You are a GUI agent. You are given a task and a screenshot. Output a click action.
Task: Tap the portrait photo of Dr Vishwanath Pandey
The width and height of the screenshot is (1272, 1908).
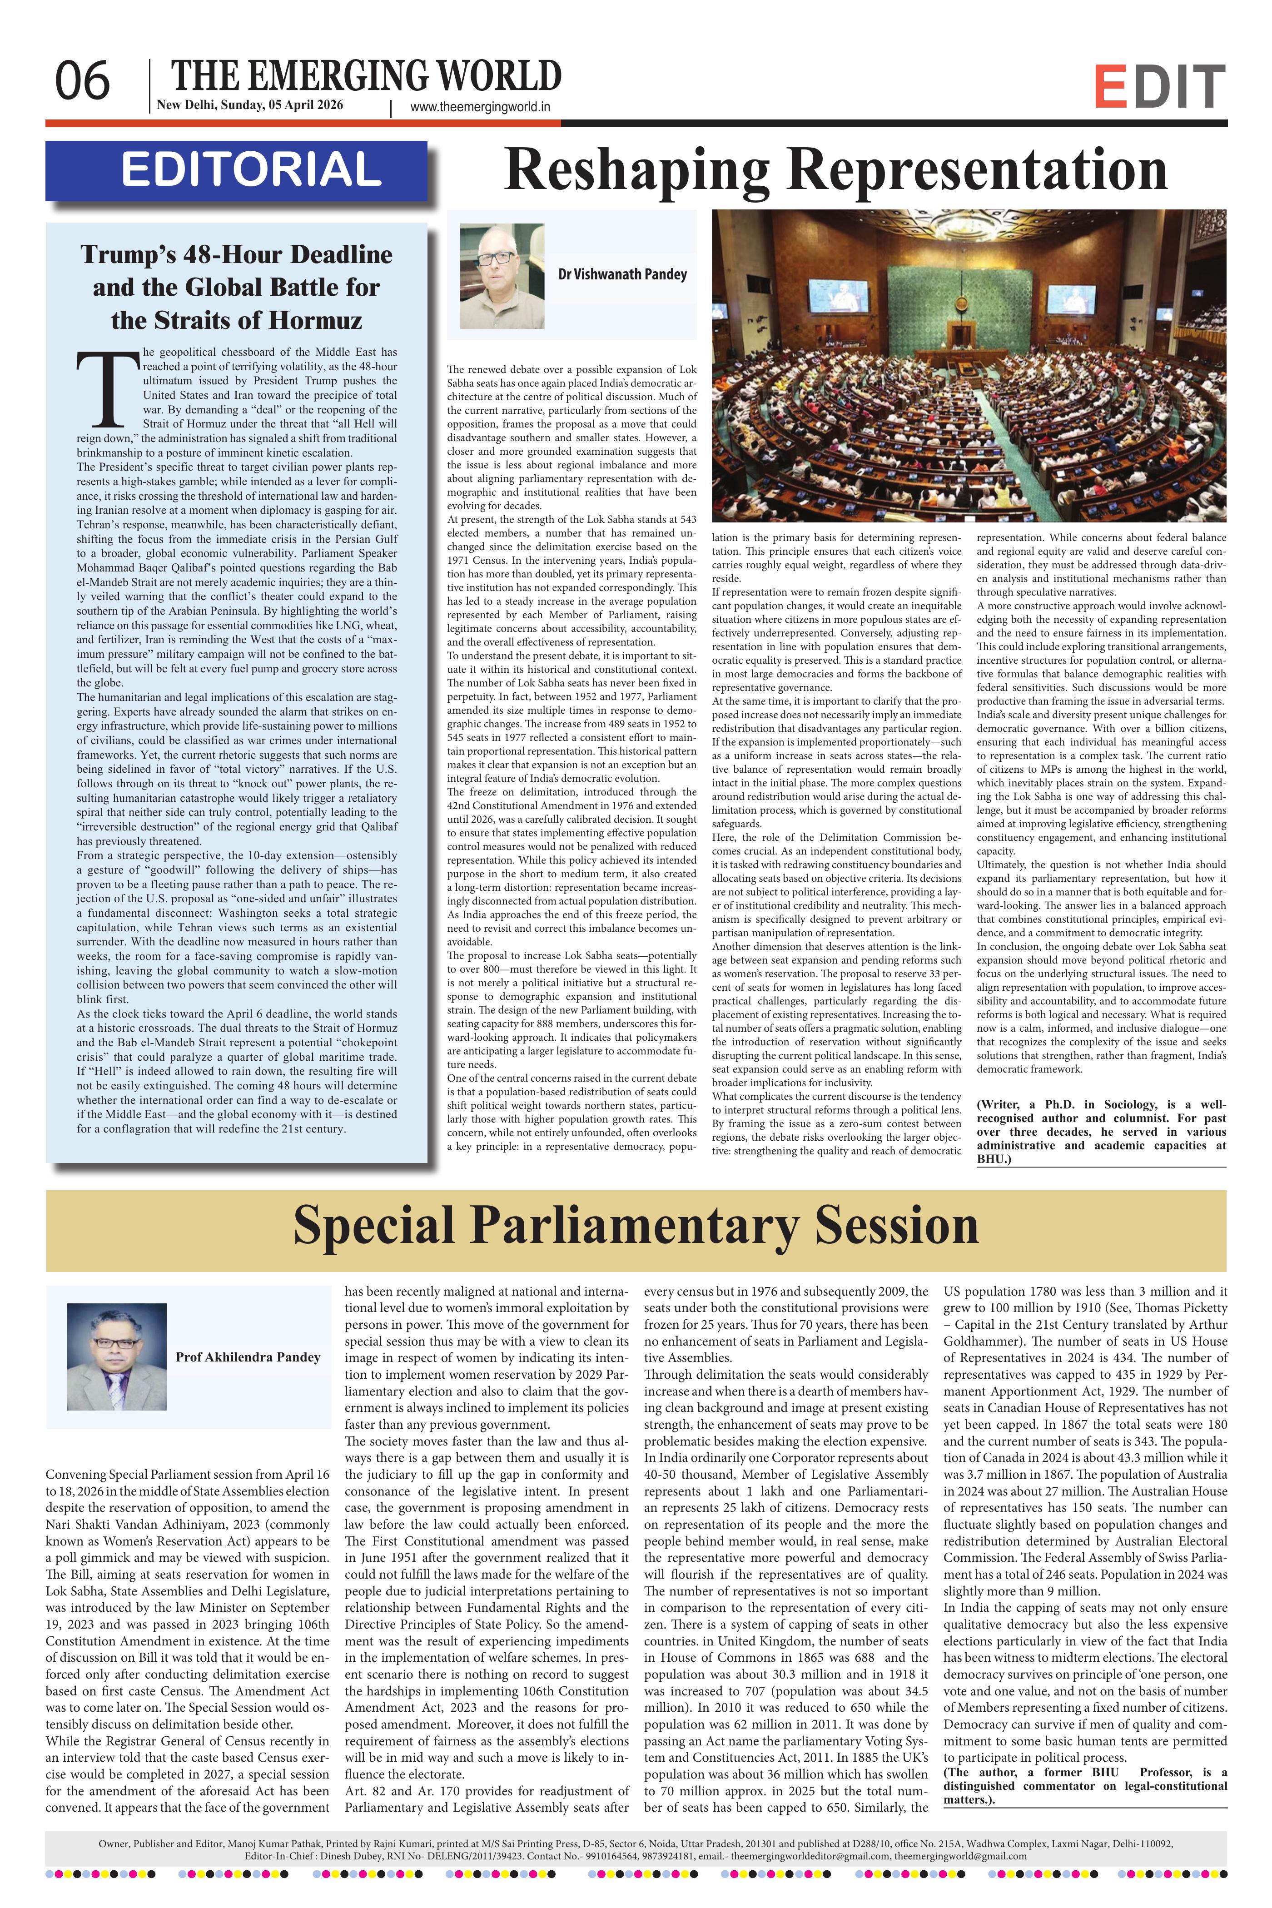click(502, 275)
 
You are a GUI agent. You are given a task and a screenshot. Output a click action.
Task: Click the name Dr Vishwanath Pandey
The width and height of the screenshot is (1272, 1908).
click(622, 274)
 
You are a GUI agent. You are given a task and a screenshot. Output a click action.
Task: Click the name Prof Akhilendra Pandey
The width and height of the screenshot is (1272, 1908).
click(248, 1356)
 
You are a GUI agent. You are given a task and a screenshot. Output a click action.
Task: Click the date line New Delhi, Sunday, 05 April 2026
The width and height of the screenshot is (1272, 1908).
click(250, 105)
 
